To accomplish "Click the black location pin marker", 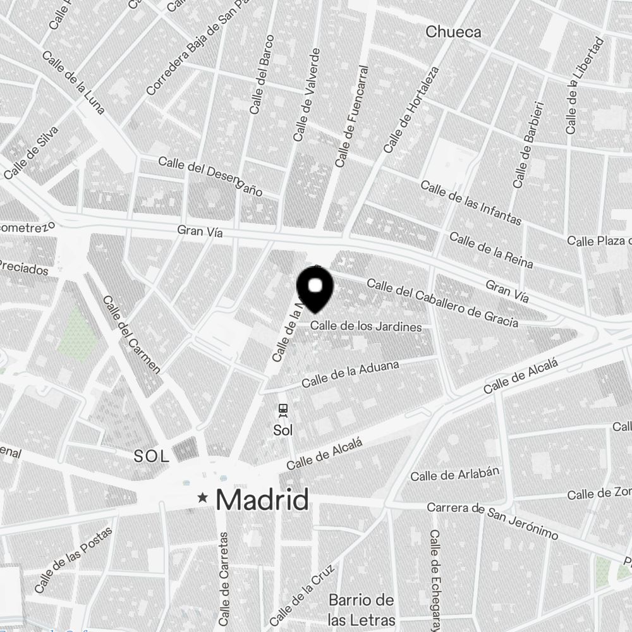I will pyautogui.click(x=315, y=288).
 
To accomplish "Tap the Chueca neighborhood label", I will pyautogui.click(x=453, y=32).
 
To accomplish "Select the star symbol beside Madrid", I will pyautogui.click(x=203, y=498).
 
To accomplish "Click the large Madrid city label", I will pyautogui.click(x=263, y=500).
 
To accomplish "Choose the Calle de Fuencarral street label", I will pyautogui.click(x=353, y=116).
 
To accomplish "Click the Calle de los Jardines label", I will pyautogui.click(x=366, y=327).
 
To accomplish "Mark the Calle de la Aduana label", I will pyautogui.click(x=350, y=375).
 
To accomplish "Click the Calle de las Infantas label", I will pyautogui.click(x=471, y=203).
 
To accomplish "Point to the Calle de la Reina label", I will pyautogui.click(x=491, y=250).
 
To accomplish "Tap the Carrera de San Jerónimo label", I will pyautogui.click(x=492, y=521).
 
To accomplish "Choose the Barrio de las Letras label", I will pyautogui.click(x=362, y=609).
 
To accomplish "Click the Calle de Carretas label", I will pyautogui.click(x=224, y=576).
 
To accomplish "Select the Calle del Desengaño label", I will pyautogui.click(x=210, y=176).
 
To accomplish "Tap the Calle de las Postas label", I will pyautogui.click(x=74, y=560).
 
